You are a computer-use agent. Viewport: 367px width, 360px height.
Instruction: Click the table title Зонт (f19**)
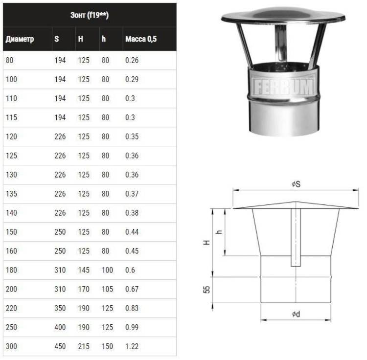pyautogui.click(x=90, y=15)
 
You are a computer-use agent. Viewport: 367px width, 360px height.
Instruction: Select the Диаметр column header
pyautogui.click(x=20, y=39)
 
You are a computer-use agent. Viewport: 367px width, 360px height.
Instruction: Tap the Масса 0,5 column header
pyautogui.click(x=141, y=39)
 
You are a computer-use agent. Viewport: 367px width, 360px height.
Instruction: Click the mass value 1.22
pyautogui.click(x=132, y=346)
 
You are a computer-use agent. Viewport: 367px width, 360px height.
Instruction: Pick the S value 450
pyautogui.click(x=60, y=346)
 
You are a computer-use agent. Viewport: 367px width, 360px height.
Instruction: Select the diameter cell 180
pyautogui.click(x=11, y=270)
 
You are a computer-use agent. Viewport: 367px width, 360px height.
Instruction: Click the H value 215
pyautogui.click(x=84, y=346)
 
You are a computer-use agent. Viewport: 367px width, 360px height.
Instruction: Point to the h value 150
pyautogui.click(x=108, y=346)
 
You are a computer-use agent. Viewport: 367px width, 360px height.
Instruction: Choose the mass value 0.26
pyautogui.click(x=132, y=60)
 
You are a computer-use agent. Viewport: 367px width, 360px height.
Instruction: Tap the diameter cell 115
pyautogui.click(x=11, y=117)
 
